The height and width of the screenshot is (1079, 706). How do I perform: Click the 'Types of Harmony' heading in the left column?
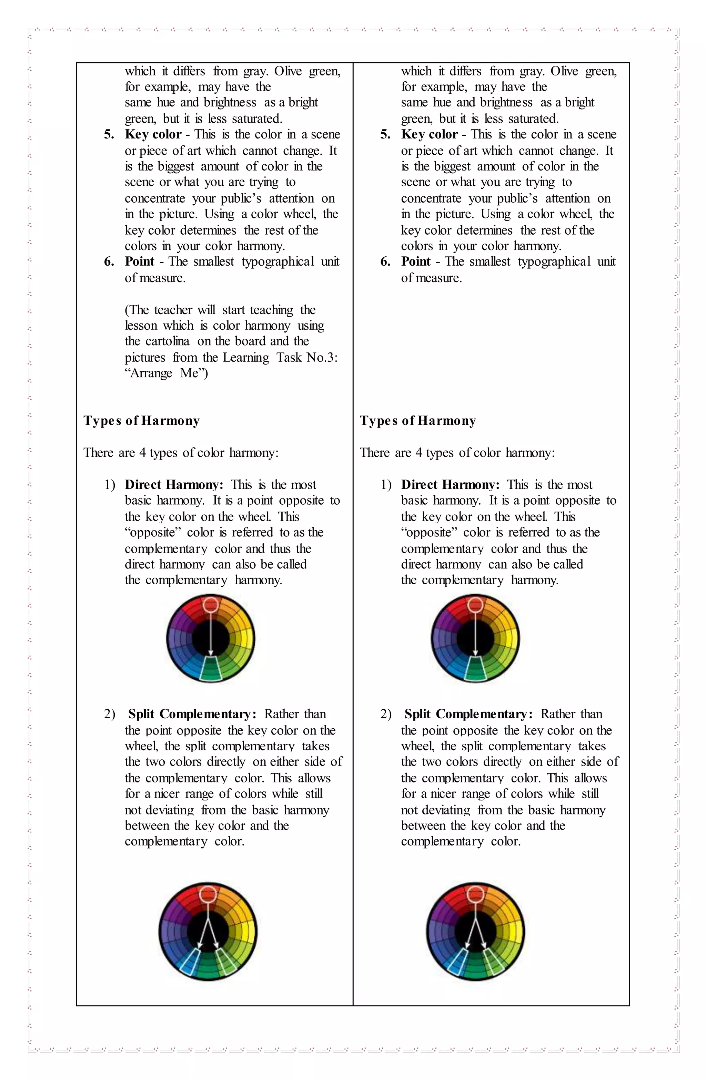click(x=142, y=421)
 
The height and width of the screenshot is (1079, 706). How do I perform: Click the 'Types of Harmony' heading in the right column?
click(x=418, y=421)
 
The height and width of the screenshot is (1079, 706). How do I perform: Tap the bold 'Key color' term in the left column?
click(x=153, y=134)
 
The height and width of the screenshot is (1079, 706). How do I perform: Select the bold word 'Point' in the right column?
click(x=416, y=261)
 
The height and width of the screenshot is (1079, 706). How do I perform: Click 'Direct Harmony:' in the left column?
click(x=174, y=485)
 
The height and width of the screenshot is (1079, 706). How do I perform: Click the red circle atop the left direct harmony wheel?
click(x=211, y=605)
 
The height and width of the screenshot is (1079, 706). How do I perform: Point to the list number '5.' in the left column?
click(x=109, y=135)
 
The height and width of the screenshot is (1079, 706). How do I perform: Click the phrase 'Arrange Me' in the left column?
click(x=167, y=373)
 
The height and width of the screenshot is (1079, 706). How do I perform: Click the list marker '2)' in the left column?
click(x=109, y=715)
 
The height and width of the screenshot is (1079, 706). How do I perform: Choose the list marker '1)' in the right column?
click(x=386, y=485)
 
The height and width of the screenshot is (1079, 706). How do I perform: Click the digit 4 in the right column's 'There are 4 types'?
click(x=418, y=453)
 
